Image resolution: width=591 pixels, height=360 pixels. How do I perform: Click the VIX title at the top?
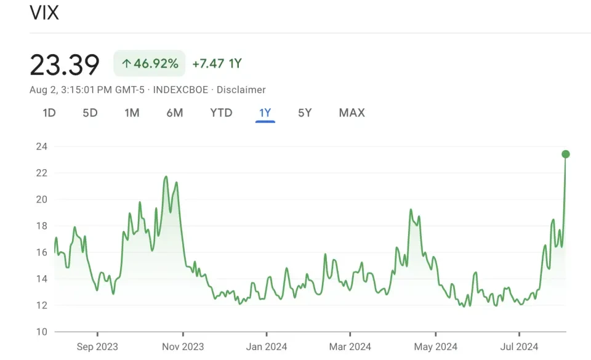(44, 12)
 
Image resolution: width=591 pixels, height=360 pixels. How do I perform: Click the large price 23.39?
(65, 65)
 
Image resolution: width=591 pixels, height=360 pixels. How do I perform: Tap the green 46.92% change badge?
(150, 63)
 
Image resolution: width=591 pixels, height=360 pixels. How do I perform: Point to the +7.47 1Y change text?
(217, 63)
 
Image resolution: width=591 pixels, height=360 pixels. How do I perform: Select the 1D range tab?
(49, 113)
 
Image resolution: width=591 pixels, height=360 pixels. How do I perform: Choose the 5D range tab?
(90, 113)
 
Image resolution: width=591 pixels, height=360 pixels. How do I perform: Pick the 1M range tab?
(132, 113)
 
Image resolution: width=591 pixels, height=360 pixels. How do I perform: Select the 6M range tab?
(175, 113)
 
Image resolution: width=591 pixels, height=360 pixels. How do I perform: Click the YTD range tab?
(221, 113)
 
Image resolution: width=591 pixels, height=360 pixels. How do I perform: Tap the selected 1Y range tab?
(265, 113)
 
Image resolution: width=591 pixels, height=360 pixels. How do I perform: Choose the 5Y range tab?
(305, 113)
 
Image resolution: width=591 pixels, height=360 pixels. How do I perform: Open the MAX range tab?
(352, 113)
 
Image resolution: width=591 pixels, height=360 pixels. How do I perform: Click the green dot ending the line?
(566, 154)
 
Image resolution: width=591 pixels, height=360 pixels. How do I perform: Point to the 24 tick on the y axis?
(42, 146)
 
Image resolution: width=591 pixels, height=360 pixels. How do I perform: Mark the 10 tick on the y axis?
(42, 332)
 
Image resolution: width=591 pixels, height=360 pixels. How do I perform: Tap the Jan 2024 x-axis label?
(267, 347)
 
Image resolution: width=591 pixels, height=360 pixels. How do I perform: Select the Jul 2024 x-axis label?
(519, 347)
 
